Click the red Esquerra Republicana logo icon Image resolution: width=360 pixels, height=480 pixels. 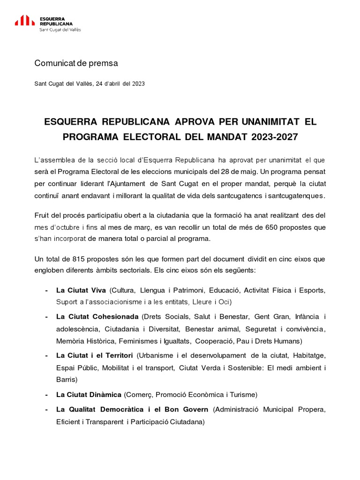pos(24,20)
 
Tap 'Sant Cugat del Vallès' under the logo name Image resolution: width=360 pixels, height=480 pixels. pos(60,30)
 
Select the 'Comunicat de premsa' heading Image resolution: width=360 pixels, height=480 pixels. pos(76,63)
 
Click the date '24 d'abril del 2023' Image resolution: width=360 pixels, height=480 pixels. pos(120,84)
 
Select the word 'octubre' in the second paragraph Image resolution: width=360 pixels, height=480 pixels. pos(70,227)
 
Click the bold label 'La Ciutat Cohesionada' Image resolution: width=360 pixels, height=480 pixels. pos(97,316)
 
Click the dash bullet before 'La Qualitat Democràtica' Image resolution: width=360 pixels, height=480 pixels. pos(46,410)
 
